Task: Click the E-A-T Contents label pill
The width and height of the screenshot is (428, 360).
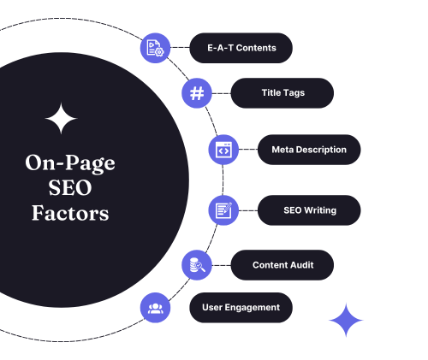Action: (241, 48)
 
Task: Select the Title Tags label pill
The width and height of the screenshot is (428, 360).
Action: (282, 93)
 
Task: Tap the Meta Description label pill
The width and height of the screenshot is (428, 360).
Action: (309, 150)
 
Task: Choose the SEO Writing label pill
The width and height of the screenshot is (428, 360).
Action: (309, 210)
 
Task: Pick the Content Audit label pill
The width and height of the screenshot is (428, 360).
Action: (282, 265)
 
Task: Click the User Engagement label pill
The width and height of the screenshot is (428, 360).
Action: (241, 308)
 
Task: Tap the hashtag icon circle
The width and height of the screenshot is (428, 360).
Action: (197, 93)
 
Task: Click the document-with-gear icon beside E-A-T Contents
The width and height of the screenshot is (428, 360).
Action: (155, 48)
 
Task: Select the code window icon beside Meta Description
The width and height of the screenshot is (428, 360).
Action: (223, 150)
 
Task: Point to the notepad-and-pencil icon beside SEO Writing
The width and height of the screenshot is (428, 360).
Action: (223, 210)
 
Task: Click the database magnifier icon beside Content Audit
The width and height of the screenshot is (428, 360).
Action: (197, 265)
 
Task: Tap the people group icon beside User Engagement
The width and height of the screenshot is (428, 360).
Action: (155, 308)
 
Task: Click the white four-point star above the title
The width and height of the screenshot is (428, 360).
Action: (61, 118)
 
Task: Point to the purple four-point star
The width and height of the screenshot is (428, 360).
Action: (346, 320)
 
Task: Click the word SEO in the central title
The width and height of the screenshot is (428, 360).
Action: (70, 188)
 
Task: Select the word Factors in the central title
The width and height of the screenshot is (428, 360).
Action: (70, 213)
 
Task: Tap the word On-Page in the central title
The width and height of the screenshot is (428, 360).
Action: (70, 163)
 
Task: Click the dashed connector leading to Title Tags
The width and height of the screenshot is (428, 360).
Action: (222, 93)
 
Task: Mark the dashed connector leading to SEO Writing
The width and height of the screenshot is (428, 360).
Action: (248, 210)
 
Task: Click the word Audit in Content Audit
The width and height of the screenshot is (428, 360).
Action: (300, 265)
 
